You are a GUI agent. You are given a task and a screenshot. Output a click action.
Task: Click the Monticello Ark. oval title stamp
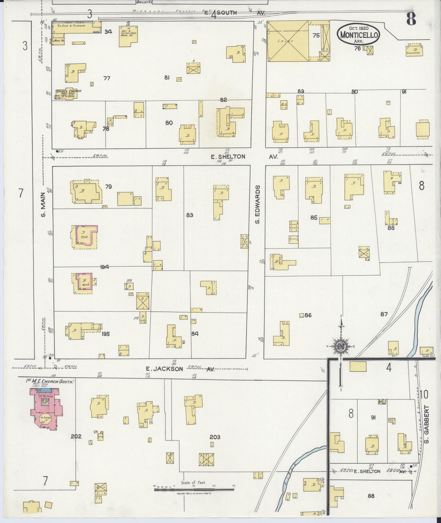(358, 34)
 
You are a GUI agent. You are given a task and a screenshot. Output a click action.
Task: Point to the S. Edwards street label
(258, 204)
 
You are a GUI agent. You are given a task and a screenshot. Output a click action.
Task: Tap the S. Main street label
(43, 204)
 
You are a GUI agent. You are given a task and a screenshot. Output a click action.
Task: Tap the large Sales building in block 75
(288, 41)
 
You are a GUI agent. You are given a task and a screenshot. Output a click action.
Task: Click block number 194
(105, 267)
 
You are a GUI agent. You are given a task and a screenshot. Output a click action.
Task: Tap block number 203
(215, 437)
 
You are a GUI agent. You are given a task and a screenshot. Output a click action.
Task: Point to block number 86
(308, 315)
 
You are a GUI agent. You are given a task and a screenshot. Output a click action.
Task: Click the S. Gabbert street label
(427, 424)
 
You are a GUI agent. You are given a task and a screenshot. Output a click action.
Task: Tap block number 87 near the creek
(384, 314)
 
